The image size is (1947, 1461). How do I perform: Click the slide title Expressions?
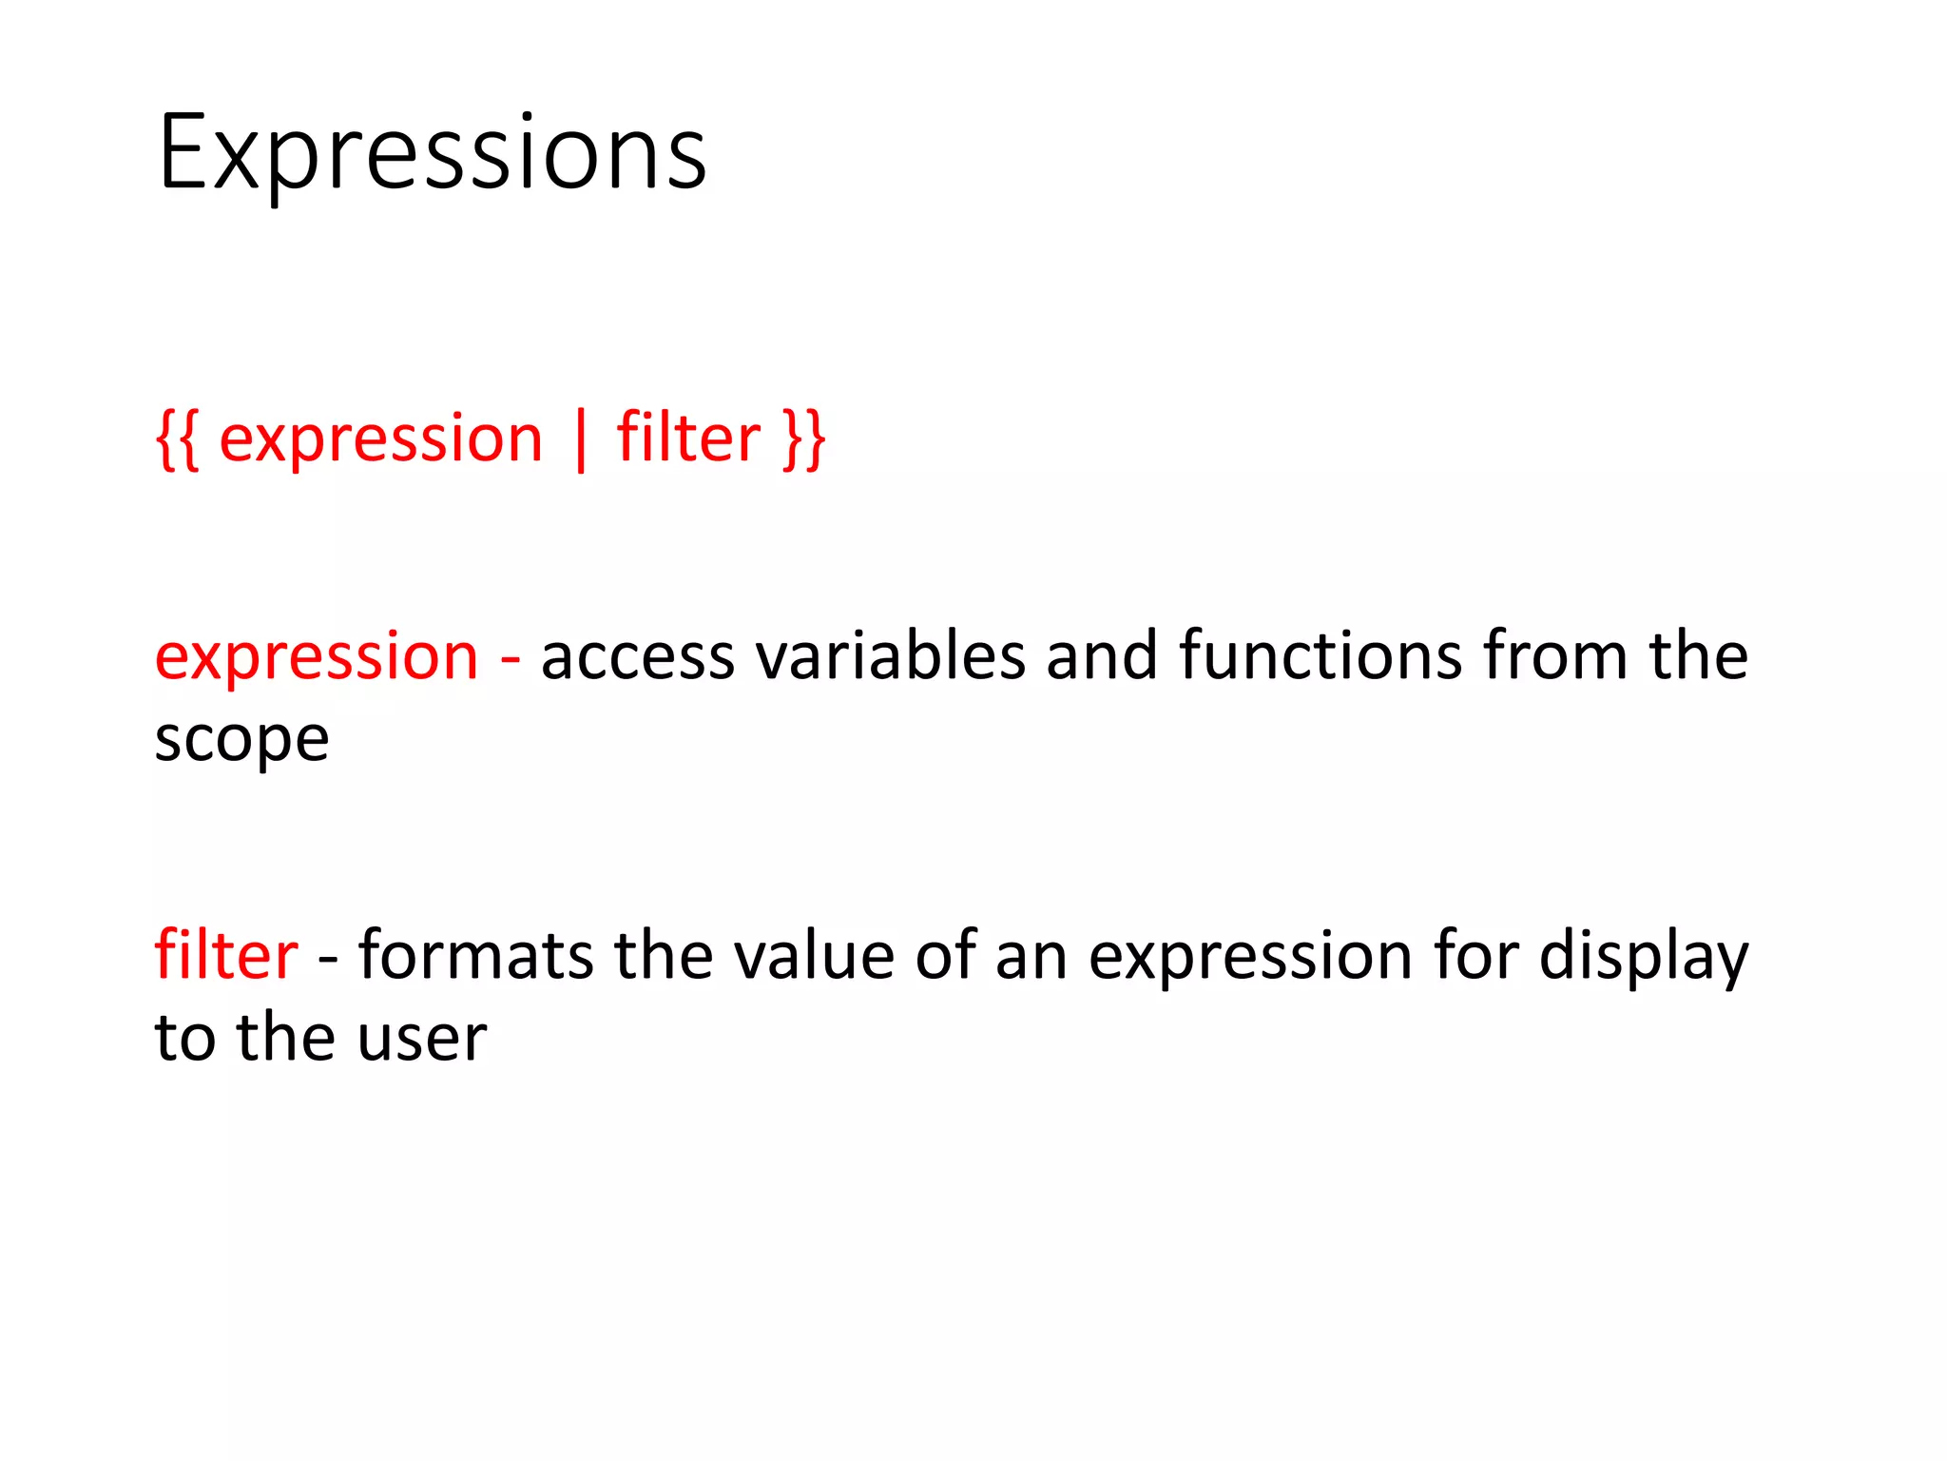tap(433, 152)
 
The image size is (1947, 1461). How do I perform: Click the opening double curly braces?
tap(178, 439)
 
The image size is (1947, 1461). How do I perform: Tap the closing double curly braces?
tap(804, 439)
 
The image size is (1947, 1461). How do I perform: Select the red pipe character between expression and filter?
tap(580, 439)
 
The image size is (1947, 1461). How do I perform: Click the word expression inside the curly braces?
tap(380, 439)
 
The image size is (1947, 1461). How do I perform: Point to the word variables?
tap(890, 656)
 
